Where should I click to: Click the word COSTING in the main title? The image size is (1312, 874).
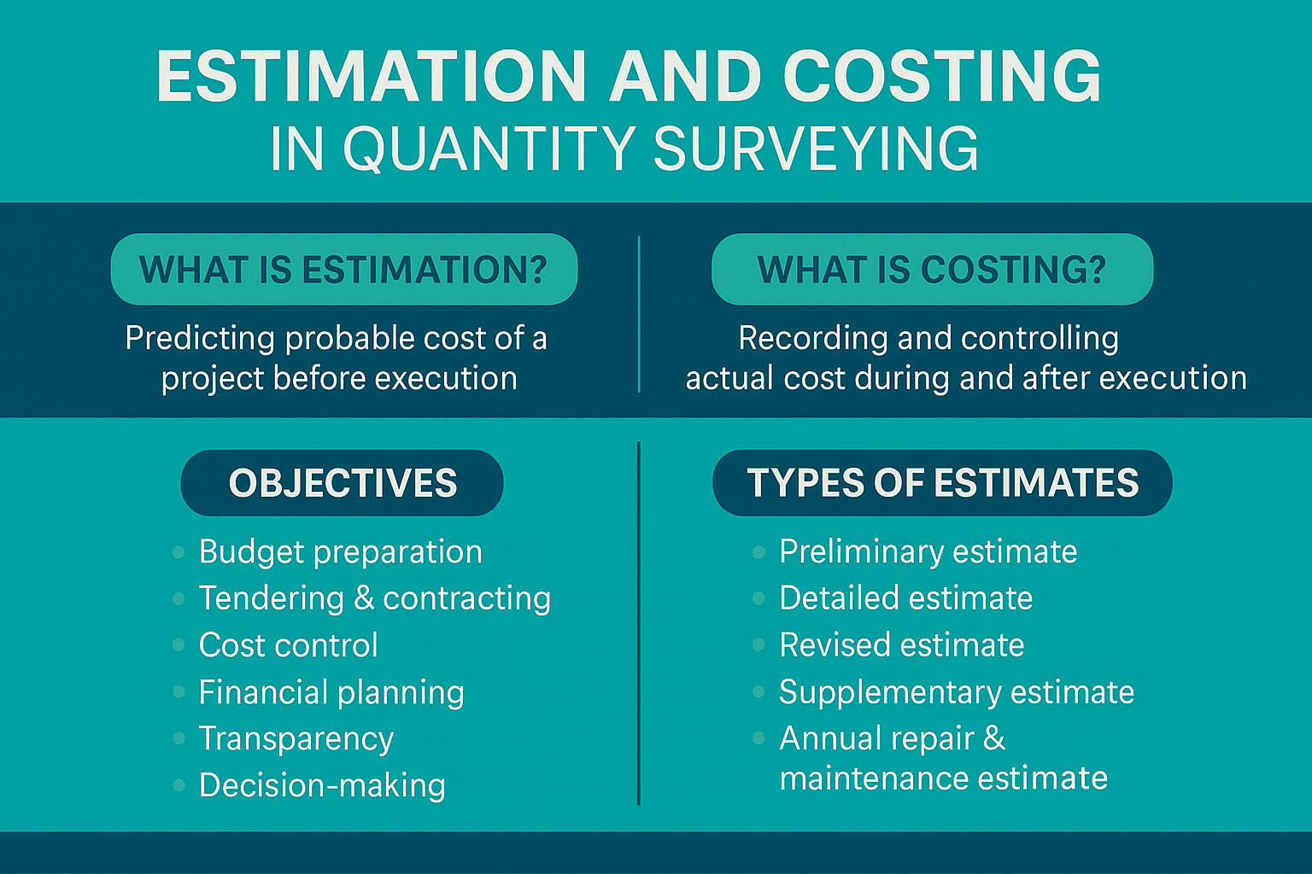[941, 77]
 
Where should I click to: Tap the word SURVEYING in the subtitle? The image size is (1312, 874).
[816, 149]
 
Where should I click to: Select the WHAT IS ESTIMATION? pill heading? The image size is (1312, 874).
[343, 270]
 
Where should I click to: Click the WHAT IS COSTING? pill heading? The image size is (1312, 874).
[932, 270]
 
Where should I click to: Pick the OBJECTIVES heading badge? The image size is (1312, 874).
[343, 483]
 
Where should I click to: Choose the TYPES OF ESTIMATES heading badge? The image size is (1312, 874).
[942, 483]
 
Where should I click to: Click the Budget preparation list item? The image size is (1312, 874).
[340, 552]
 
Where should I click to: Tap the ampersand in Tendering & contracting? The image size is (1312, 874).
[364, 597]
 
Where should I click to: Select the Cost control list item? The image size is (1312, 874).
[288, 645]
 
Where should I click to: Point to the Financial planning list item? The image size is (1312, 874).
[331, 692]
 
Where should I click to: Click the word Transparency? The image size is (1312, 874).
[296, 739]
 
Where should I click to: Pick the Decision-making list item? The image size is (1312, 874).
[322, 785]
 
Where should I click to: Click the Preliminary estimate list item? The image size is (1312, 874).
[928, 552]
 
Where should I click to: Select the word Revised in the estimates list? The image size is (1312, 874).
[834, 645]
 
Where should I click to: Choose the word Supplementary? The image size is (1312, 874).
[889, 692]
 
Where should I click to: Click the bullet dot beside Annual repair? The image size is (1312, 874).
[758, 738]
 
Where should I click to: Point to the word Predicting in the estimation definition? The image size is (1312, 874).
[200, 339]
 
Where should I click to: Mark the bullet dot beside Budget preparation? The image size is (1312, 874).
[179, 552]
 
